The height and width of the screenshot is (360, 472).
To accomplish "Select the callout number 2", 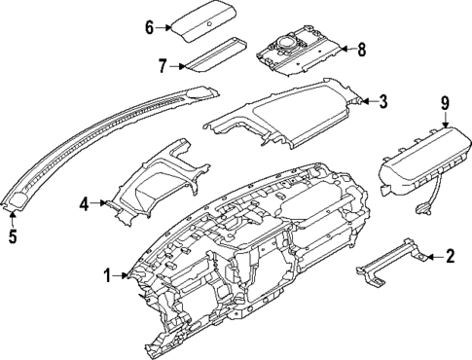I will click(450, 257).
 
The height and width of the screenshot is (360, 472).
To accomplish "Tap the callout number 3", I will click(383, 100).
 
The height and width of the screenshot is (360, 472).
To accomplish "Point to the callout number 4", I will click(84, 203).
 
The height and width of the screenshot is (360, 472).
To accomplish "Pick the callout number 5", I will click(12, 234).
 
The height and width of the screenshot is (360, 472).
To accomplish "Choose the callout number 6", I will click(149, 27).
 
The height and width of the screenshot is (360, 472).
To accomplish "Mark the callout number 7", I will click(162, 65).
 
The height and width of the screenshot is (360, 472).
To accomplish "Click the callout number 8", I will click(362, 48).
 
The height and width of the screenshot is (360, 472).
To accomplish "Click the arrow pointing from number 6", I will click(165, 27).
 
